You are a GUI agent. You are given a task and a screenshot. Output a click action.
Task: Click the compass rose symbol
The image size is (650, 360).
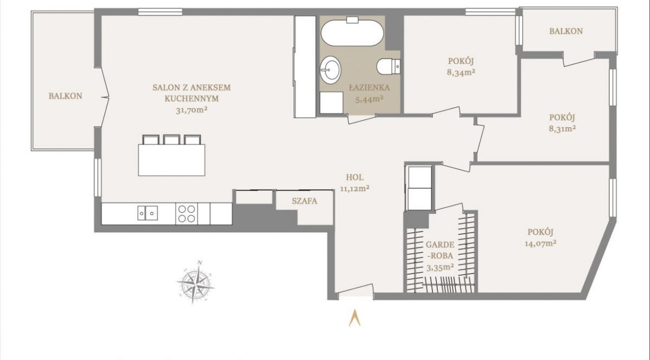click(x=195, y=283)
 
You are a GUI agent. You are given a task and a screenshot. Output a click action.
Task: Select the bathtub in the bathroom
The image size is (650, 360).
click(x=352, y=32)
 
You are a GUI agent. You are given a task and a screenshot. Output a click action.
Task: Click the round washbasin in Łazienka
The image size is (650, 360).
click(x=330, y=69)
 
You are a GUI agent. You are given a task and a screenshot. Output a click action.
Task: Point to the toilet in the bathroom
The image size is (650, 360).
click(x=388, y=66)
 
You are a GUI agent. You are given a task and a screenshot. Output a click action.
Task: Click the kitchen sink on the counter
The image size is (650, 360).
click(x=148, y=213)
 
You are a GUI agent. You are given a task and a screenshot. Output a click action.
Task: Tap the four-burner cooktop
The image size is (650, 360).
click(x=187, y=213)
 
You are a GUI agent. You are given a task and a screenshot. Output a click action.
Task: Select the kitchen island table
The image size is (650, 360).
click(x=172, y=159)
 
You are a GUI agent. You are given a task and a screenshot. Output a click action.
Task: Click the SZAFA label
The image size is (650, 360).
click(x=304, y=201)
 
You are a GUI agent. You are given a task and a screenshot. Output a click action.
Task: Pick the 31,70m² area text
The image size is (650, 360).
click(x=192, y=110)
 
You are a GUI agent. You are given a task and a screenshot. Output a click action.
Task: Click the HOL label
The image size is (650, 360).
click(x=355, y=178)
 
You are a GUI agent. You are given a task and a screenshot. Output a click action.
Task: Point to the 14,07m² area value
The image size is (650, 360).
click(x=541, y=243)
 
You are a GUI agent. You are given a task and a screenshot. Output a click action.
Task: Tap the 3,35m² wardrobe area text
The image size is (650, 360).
click(x=440, y=268)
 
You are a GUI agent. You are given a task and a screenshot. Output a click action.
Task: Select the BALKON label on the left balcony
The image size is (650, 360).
click(x=66, y=96)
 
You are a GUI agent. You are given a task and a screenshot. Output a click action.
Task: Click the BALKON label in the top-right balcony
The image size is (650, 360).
click(x=566, y=31)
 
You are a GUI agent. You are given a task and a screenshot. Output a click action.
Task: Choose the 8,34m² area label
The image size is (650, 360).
click(x=461, y=72)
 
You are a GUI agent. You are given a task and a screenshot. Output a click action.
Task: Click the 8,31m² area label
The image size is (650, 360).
click(x=562, y=128)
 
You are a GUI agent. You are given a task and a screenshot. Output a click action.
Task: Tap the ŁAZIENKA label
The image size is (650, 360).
click(x=369, y=88)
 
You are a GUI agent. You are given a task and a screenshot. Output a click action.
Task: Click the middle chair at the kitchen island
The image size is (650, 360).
click(x=172, y=139)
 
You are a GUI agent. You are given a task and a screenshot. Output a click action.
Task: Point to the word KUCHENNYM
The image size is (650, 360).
click(x=192, y=99)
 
